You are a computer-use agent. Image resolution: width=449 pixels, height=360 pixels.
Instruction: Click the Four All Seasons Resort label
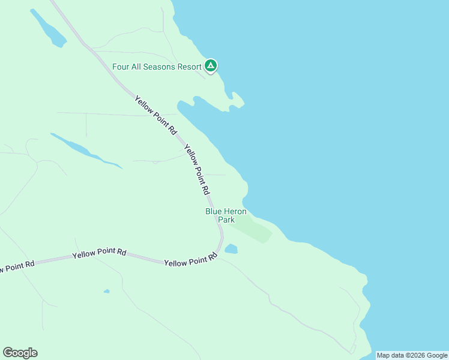click(x=157, y=67)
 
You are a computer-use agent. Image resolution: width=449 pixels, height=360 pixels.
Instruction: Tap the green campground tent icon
click(x=211, y=66)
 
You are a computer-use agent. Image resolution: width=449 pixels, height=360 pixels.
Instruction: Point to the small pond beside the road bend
click(x=231, y=248)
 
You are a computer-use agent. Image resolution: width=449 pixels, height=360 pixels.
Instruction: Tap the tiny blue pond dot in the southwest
click(x=106, y=292)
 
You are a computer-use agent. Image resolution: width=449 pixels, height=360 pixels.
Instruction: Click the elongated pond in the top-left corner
click(x=48, y=28)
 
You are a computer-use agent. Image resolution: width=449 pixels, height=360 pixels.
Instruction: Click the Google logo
click(x=20, y=353)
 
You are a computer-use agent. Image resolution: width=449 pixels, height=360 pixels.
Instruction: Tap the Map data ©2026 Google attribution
click(x=412, y=355)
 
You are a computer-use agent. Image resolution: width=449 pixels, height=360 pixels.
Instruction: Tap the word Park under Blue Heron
click(x=226, y=220)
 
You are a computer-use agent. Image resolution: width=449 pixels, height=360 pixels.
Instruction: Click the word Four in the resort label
click(x=121, y=67)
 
